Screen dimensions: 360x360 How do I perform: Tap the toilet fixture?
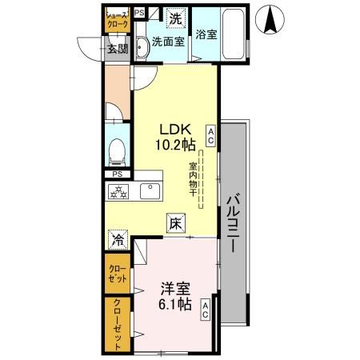point(116,150)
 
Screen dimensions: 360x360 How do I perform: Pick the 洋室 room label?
point(173,288)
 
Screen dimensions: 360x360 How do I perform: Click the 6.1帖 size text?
point(173,304)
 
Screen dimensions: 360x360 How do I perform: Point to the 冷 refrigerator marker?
point(118,238)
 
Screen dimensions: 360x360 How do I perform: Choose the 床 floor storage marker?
point(175,224)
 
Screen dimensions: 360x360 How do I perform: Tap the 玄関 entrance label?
point(118,49)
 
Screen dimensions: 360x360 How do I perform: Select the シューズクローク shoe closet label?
point(118,20)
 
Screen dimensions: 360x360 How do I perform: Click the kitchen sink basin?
point(149,191)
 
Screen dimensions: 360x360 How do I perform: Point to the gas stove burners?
point(119,191)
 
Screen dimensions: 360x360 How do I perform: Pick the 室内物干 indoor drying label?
point(193,183)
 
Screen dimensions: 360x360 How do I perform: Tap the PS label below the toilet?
point(117,174)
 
